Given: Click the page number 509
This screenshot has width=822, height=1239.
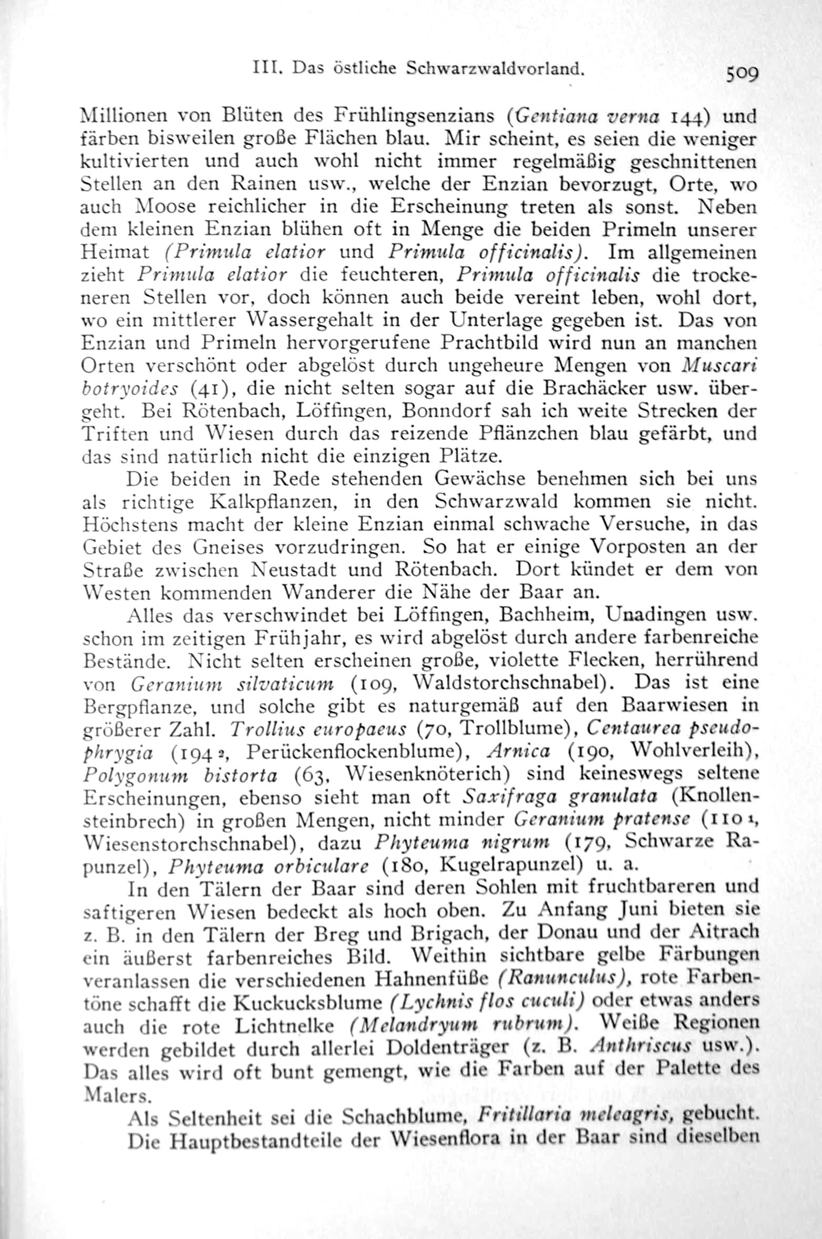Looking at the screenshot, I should click(x=742, y=74).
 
